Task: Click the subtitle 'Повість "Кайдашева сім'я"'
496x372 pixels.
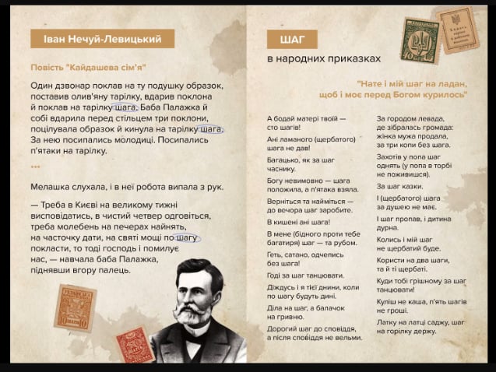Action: click(88, 68)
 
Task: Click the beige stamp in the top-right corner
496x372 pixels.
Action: click(456, 29)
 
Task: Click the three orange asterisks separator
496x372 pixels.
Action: click(35, 167)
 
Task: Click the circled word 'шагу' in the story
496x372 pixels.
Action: click(187, 237)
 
